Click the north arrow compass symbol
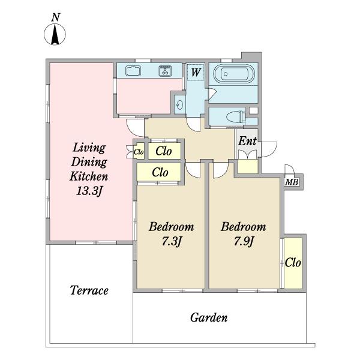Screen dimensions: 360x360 [55, 34]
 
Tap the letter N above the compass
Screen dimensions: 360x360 [56, 17]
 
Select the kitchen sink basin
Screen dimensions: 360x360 [133, 71]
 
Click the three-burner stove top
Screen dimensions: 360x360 [165, 71]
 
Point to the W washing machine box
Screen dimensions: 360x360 [196, 73]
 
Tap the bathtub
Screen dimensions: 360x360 [234, 74]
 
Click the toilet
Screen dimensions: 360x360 [236, 116]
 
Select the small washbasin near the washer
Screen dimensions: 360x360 [179, 105]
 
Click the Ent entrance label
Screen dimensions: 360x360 [247, 141]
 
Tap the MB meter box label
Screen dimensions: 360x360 [292, 182]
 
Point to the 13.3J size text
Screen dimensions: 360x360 [89, 191]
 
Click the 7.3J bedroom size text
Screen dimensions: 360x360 [172, 241]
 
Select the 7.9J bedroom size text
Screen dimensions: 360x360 [244, 241]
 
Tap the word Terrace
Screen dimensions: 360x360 [89, 290]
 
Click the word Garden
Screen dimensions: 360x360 [209, 317]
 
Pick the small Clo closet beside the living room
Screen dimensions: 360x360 [139, 151]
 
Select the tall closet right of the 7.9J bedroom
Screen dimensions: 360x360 [293, 263]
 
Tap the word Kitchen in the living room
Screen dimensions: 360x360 [89, 176]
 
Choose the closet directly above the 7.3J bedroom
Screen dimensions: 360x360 [159, 172]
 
